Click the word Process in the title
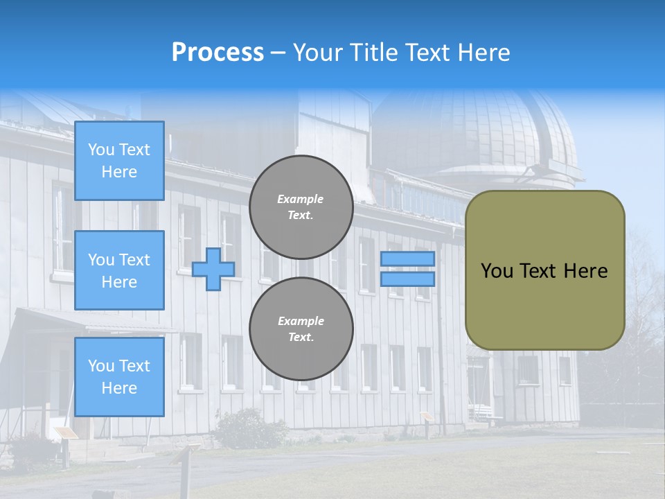(218, 53)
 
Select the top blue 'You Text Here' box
(119, 161)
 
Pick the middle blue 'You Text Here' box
(119, 270)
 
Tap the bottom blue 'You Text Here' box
(119, 376)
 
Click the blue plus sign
(213, 269)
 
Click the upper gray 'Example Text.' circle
(301, 207)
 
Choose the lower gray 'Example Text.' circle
(301, 329)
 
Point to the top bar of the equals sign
(407, 259)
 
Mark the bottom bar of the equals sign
(407, 279)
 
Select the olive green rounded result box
(544, 270)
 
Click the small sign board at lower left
(66, 433)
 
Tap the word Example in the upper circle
(300, 199)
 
